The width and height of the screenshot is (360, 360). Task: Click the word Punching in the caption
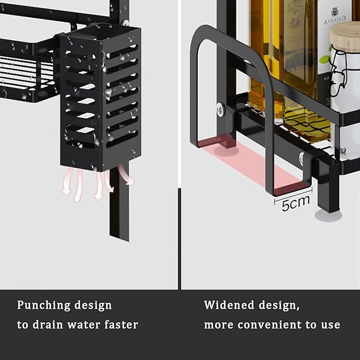tap(43, 305)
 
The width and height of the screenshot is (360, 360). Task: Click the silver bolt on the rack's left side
tap(219, 110)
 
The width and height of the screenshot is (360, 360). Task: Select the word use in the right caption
tap(329, 324)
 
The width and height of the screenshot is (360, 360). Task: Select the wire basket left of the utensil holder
tap(27, 69)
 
